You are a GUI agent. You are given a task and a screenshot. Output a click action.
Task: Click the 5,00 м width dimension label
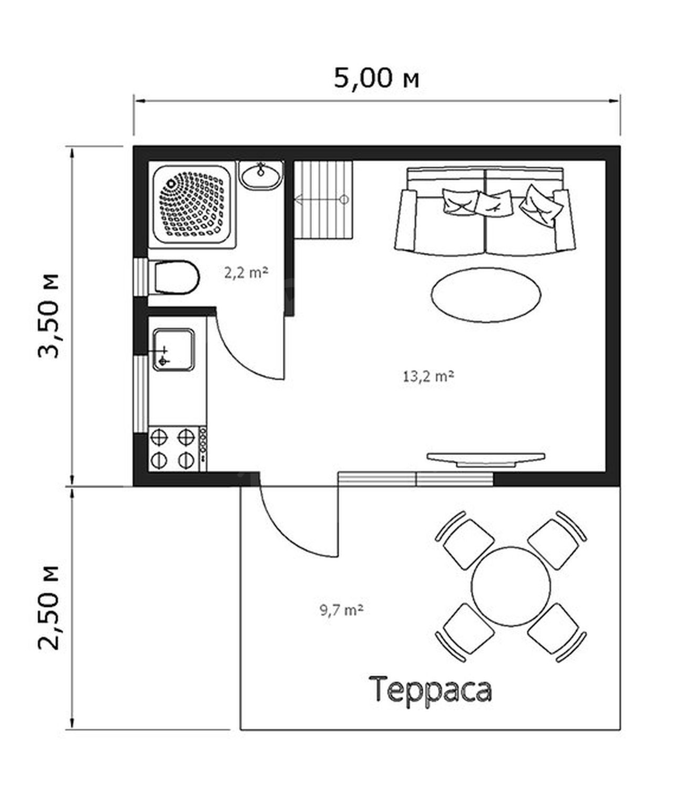click(376, 78)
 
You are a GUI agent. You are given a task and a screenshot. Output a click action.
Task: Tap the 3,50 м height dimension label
click(49, 316)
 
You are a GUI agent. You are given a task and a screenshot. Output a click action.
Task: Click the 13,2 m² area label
click(428, 377)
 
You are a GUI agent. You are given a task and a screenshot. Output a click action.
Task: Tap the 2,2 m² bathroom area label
click(246, 273)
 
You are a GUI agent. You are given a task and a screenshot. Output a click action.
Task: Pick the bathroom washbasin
click(261, 175)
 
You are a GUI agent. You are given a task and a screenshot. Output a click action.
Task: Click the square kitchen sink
click(174, 350)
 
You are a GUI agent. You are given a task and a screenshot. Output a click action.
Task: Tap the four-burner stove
click(177, 449)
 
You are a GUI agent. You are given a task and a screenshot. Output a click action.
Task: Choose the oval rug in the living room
click(486, 295)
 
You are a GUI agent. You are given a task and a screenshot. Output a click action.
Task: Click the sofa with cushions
click(486, 211)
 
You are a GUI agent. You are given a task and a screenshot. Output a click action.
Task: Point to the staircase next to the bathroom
click(323, 200)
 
